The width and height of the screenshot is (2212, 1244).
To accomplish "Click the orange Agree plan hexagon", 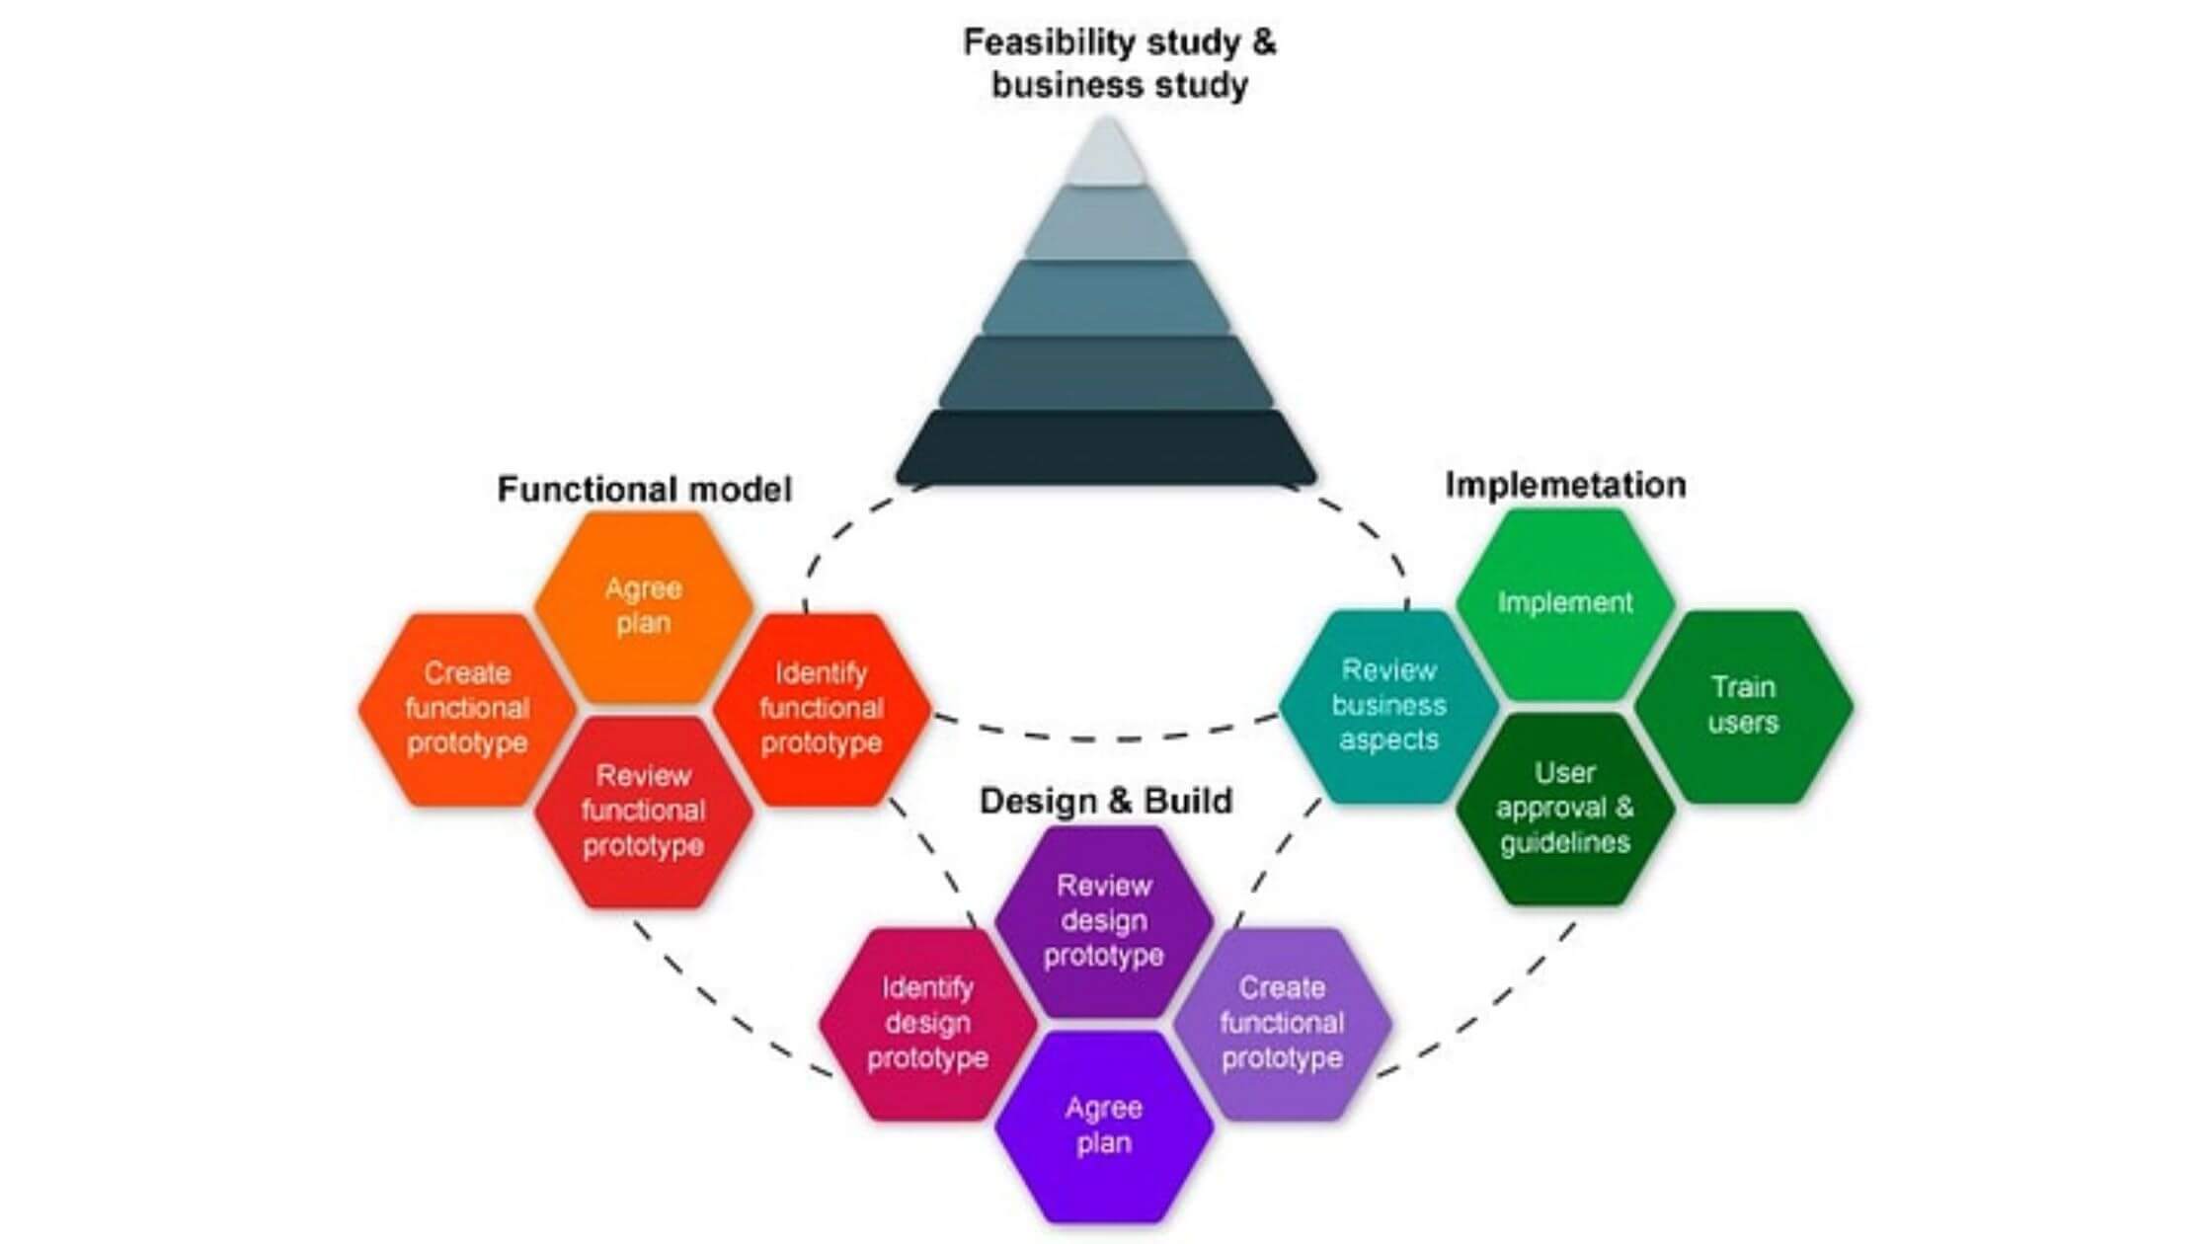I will pos(643,605).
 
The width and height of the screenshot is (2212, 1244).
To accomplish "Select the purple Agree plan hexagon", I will pos(1103,1126).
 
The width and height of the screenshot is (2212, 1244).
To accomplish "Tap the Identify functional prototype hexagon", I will pos(821,708).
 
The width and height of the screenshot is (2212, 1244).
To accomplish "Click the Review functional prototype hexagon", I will pos(643,811).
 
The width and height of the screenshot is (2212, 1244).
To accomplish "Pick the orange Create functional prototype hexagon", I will pos(466,708).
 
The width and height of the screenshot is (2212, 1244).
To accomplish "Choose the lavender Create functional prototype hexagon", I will pos(1282,1023).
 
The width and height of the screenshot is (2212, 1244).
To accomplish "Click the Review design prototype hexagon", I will pos(1103,920).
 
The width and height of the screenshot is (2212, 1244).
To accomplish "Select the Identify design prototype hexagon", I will pos(927,1023).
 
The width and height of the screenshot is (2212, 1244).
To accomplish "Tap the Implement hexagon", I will pos(1564,602).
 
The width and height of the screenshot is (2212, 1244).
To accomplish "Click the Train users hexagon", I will pos(1743,705).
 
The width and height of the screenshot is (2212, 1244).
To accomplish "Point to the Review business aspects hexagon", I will pos(1387,705).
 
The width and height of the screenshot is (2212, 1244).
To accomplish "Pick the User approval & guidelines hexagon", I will pos(1564,808).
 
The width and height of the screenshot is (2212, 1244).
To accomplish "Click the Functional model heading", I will pos(644,489).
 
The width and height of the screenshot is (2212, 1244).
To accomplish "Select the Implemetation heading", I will pos(1565,485).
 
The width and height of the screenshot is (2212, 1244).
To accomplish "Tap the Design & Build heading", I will pos(1105,801).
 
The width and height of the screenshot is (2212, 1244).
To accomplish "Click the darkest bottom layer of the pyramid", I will pos(1106,447).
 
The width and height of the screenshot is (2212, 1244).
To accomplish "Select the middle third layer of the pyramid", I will pos(1106,296).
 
